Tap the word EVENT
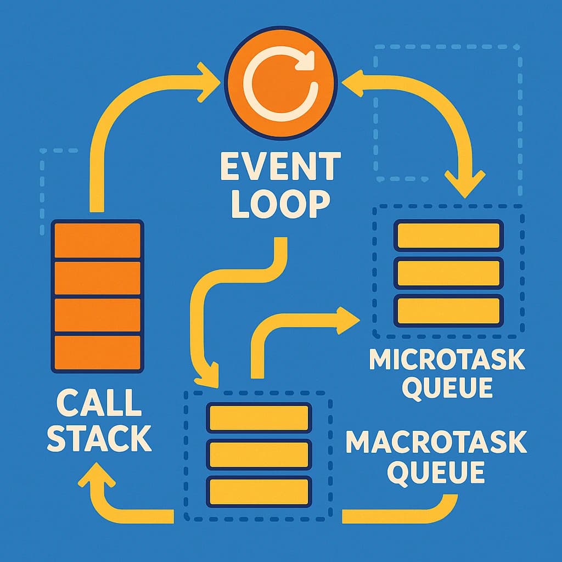pos(280,168)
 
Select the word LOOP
pos(280,204)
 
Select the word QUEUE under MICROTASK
pos(447,387)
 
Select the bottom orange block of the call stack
pos(98,352)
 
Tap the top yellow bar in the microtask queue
pos(448,235)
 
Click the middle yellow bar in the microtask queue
pos(448,273)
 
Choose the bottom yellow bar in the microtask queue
pos(448,311)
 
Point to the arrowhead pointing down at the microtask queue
pos(465,183)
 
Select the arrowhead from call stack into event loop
pos(209,82)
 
